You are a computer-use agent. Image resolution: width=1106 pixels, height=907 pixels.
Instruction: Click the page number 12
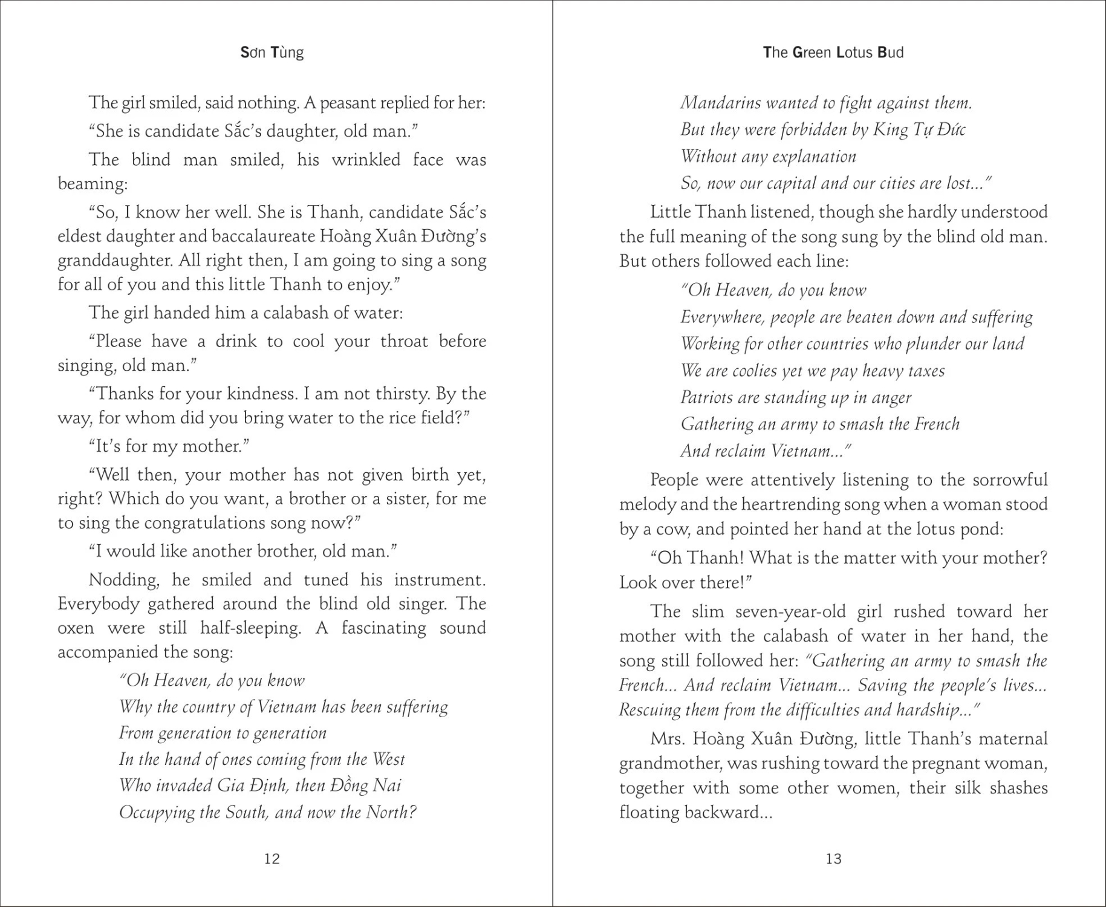tap(272, 859)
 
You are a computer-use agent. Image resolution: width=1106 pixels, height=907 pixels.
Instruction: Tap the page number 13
tap(833, 859)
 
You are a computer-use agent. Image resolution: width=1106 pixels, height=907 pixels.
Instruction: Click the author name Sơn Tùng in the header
tap(272, 53)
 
